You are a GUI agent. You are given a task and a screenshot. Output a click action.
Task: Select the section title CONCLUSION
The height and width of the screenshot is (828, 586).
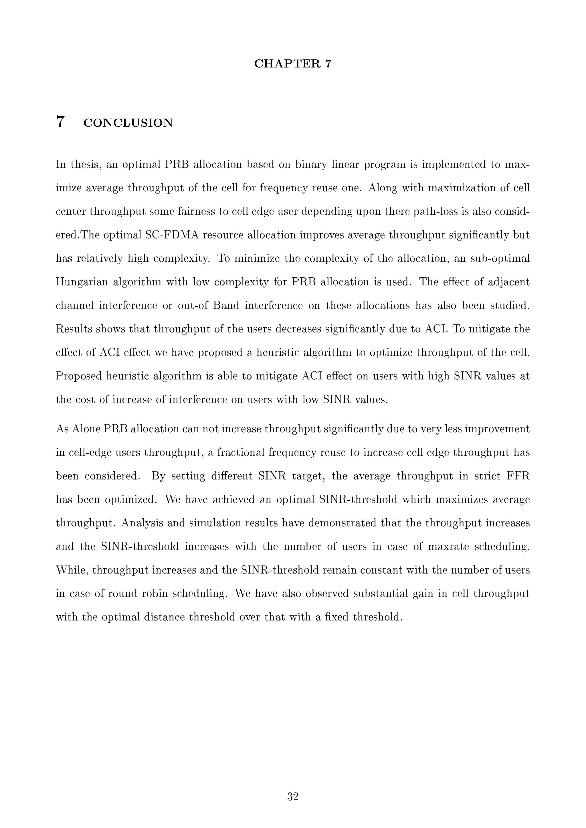[x=128, y=123]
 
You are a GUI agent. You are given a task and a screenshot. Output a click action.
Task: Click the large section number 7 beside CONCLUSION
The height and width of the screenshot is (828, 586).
[x=60, y=122]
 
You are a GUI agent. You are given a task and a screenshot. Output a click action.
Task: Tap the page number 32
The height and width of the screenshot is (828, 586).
[x=293, y=797]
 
